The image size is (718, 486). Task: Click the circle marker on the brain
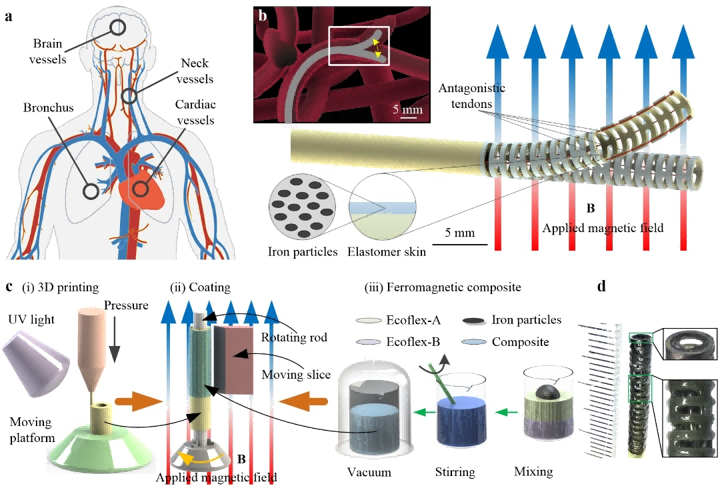117,27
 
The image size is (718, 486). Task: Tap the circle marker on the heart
139,189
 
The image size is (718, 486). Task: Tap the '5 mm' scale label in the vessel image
405,109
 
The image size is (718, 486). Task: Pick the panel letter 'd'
602,287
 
